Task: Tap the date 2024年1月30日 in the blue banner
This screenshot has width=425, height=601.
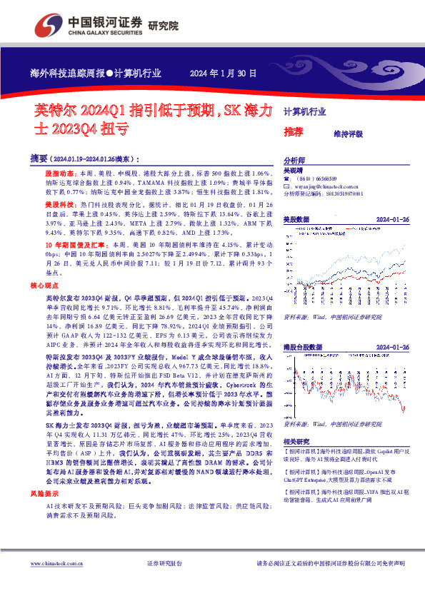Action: pyautogui.click(x=222, y=73)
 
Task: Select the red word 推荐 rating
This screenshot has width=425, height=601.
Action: pyautogui.click(x=293, y=132)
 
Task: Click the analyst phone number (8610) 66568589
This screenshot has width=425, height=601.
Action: pyautogui.click(x=315, y=178)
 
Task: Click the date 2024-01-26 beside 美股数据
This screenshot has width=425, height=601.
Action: pyautogui.click(x=392, y=219)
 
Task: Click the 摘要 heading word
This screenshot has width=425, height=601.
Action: pyautogui.click(x=40, y=158)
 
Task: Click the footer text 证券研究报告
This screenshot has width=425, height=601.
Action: pyautogui.click(x=164, y=564)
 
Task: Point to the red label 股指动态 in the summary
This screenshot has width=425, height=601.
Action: pyautogui.click(x=58, y=174)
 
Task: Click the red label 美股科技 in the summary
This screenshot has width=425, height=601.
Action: pyautogui.click(x=58, y=204)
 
